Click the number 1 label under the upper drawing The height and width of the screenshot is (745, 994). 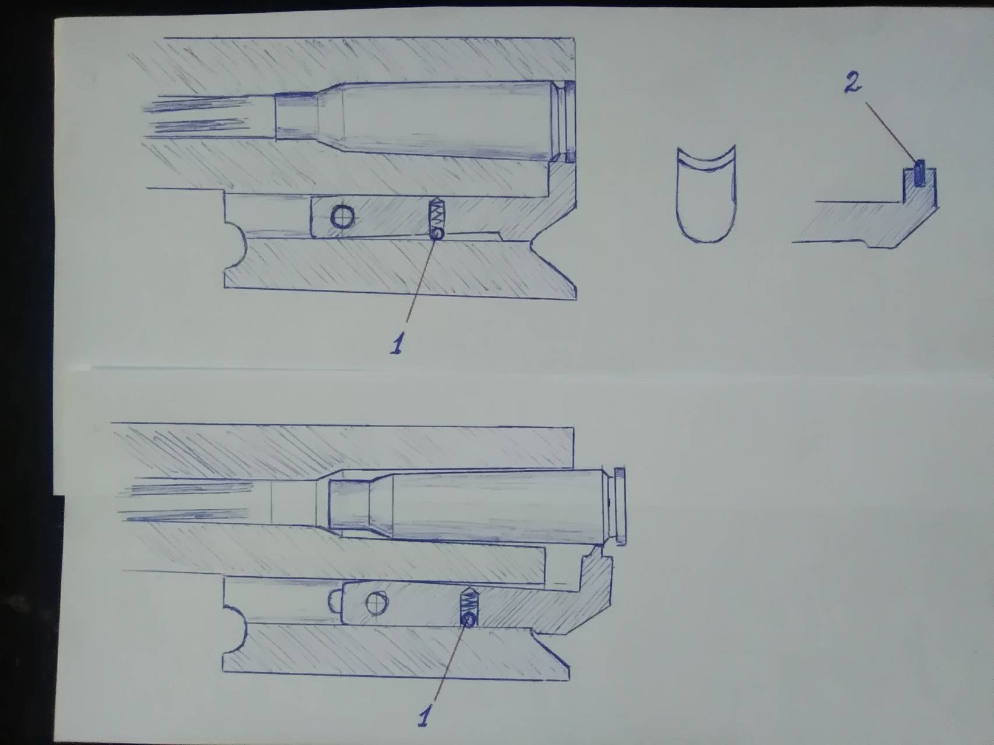coord(397,342)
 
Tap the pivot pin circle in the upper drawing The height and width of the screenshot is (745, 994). coord(342,217)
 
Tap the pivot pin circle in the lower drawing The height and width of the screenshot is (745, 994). coord(377,603)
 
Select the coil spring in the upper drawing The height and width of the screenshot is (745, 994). coord(437,214)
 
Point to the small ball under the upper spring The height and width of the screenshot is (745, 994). coord(437,233)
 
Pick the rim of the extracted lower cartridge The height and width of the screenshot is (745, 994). coord(620,506)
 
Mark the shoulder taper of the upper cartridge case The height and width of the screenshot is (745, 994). coord(330,120)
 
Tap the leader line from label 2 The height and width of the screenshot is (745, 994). coord(891,133)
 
